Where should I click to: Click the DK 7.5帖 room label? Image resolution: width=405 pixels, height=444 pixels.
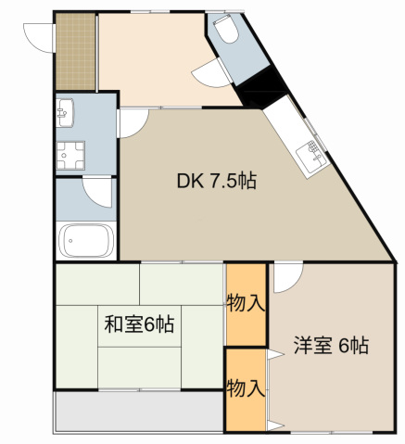coord(217,182)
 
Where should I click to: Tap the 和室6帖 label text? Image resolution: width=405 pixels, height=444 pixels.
coord(139,324)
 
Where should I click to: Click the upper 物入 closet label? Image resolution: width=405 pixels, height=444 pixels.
coord(247,303)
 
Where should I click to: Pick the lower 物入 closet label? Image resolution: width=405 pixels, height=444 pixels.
coord(247,387)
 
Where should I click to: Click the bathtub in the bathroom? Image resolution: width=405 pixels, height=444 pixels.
coord(87,242)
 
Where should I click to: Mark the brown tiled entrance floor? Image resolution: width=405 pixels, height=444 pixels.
coord(75,50)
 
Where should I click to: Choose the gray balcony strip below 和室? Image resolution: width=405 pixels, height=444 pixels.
coord(139,409)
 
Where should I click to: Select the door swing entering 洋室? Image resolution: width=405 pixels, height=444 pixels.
coord(286,276)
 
